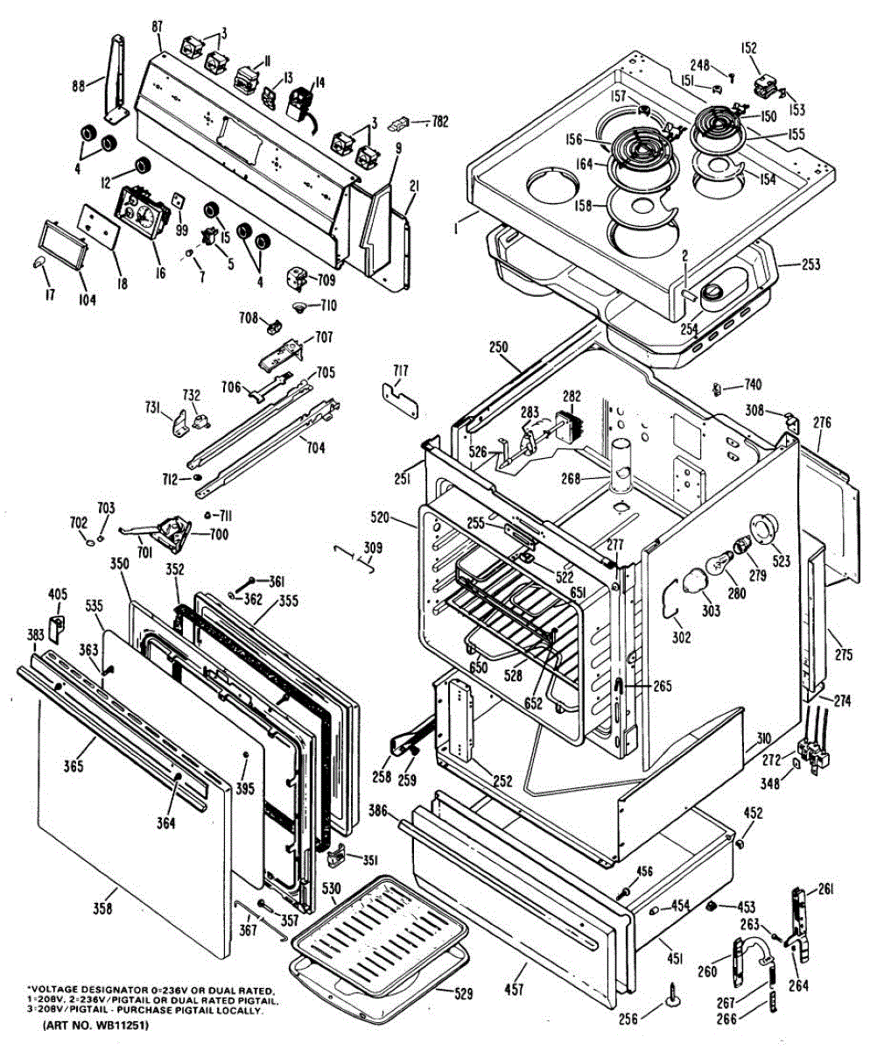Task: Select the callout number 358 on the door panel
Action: [102, 909]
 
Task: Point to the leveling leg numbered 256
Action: [674, 992]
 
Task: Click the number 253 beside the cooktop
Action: [810, 265]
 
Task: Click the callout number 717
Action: [400, 370]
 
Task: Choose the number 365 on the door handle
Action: [74, 766]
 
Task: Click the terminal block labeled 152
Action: [766, 86]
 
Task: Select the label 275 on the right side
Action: [843, 654]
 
